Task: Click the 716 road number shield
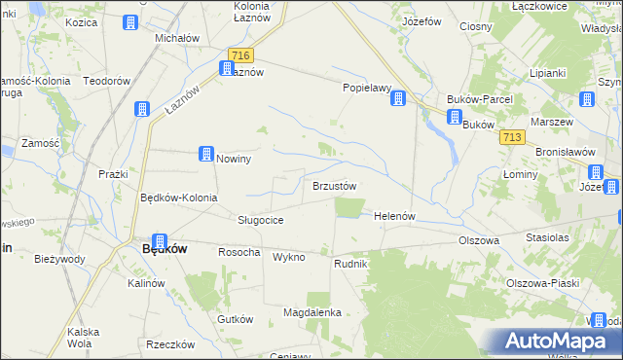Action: pos(239,56)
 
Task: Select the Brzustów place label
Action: pos(334,186)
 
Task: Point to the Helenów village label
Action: pos(395,216)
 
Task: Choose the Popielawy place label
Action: pos(366,88)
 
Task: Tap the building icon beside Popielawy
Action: pos(398,96)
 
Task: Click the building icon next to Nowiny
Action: pos(206,153)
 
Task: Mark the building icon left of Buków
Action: pos(454,117)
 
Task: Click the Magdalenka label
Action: pos(311,312)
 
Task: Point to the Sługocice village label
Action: pos(261,220)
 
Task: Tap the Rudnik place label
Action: pos(349,263)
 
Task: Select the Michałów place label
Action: pos(177,39)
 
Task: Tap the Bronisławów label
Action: pos(565,153)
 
